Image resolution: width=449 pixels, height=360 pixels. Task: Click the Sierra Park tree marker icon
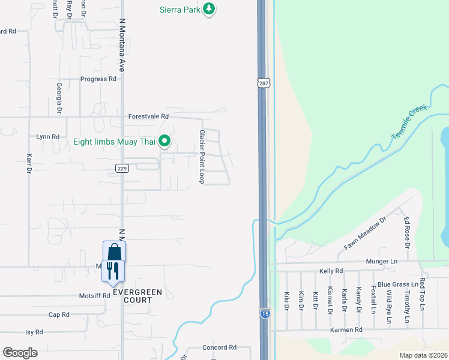click(x=209, y=9)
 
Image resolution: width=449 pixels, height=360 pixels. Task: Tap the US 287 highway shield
click(x=264, y=83)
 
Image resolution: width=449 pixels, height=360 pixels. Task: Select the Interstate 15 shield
click(x=265, y=313)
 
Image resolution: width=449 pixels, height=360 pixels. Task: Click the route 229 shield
click(x=122, y=169)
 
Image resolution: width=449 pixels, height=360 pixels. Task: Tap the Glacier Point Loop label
click(x=202, y=157)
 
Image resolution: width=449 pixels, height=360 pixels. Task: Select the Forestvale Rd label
click(x=148, y=116)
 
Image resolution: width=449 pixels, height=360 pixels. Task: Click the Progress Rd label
click(x=98, y=79)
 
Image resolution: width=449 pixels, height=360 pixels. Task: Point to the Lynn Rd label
click(x=47, y=137)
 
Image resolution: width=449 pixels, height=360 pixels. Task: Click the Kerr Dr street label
click(x=29, y=163)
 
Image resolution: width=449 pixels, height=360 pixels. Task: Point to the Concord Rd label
click(x=219, y=347)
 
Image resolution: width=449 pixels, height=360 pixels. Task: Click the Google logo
click(x=20, y=353)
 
